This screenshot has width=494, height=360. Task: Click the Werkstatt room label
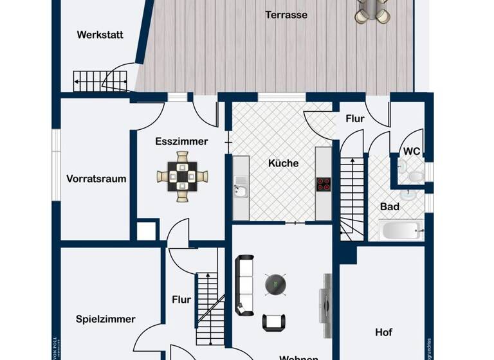[x=100, y=35]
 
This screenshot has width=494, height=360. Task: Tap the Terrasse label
[x=286, y=15]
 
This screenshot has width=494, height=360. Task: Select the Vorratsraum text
[x=96, y=179]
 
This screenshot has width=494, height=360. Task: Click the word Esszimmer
[x=181, y=141]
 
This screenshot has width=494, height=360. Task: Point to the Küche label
[x=283, y=163]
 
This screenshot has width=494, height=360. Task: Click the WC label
[x=412, y=152]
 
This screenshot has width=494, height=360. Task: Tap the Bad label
[x=390, y=207]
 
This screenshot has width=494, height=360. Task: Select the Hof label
[x=383, y=332]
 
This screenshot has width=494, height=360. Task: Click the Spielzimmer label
[x=105, y=319]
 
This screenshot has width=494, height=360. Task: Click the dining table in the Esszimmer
[x=183, y=174]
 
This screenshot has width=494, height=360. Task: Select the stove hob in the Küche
[x=323, y=183]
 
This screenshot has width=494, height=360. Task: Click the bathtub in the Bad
[x=400, y=230]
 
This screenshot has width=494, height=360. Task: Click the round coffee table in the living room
[x=275, y=283]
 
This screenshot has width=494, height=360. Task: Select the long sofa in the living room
[x=244, y=285]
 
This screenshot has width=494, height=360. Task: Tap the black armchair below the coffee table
[x=275, y=322]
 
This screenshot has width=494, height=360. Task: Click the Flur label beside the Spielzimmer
[x=181, y=300]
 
